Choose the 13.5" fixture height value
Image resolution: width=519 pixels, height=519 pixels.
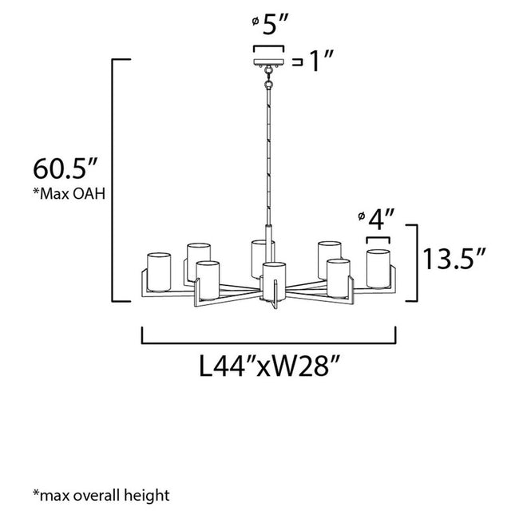pyautogui.click(x=454, y=261)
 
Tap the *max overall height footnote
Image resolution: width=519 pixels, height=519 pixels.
pyautogui.click(x=101, y=495)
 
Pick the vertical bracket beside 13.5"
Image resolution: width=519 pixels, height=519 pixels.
pyautogui.click(x=414, y=263)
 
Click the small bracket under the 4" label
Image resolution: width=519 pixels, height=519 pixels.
pyautogui.click(x=378, y=238)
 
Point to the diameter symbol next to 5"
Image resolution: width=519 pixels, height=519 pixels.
pyautogui.click(x=255, y=24)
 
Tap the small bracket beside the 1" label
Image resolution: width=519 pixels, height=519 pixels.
pyautogui.click(x=299, y=61)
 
